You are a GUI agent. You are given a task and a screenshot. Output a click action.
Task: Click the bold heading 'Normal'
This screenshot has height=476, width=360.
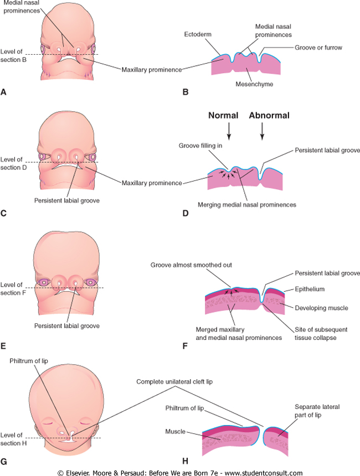point(223,116)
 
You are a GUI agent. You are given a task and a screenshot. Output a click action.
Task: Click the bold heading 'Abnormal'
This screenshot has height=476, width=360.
point(269,116)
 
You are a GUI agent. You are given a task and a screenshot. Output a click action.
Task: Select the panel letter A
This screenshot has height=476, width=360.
point(4,92)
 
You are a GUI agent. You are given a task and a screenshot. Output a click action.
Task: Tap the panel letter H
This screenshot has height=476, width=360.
point(186,460)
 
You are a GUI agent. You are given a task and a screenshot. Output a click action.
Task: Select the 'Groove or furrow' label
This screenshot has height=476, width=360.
point(318,48)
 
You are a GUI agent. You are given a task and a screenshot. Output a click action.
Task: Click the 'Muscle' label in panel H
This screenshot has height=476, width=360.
point(175,430)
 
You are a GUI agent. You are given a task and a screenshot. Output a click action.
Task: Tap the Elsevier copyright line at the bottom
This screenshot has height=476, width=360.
point(180,472)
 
